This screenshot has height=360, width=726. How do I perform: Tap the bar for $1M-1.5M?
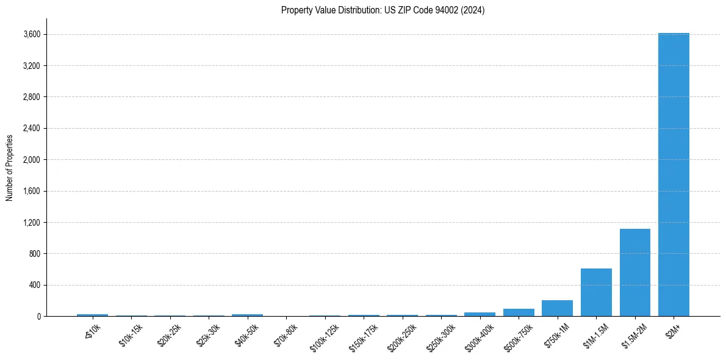pyautogui.click(x=596, y=292)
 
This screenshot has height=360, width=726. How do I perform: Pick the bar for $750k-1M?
pyautogui.click(x=557, y=308)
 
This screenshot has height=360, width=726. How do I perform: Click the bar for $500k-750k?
pyautogui.click(x=519, y=312)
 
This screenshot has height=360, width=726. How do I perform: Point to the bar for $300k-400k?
pyautogui.click(x=480, y=314)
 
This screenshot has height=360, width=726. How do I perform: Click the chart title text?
pyautogui.click(x=383, y=10)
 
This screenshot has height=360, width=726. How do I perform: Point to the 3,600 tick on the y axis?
pyautogui.click(x=32, y=34)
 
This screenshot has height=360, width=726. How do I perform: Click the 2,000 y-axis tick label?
pyautogui.click(x=32, y=160)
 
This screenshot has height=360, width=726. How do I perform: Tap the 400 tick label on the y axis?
pyautogui.click(x=35, y=285)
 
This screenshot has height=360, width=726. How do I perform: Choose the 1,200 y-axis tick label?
pyautogui.click(x=32, y=222)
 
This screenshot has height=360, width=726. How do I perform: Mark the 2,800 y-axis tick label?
pyautogui.click(x=32, y=97)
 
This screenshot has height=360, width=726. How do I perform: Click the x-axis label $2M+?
pyautogui.click(x=674, y=329)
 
